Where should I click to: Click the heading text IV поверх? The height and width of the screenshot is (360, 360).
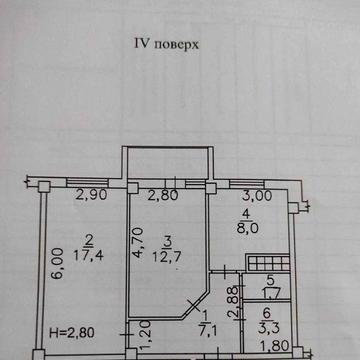point(163,44)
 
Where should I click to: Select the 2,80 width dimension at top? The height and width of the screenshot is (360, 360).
point(163,195)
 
